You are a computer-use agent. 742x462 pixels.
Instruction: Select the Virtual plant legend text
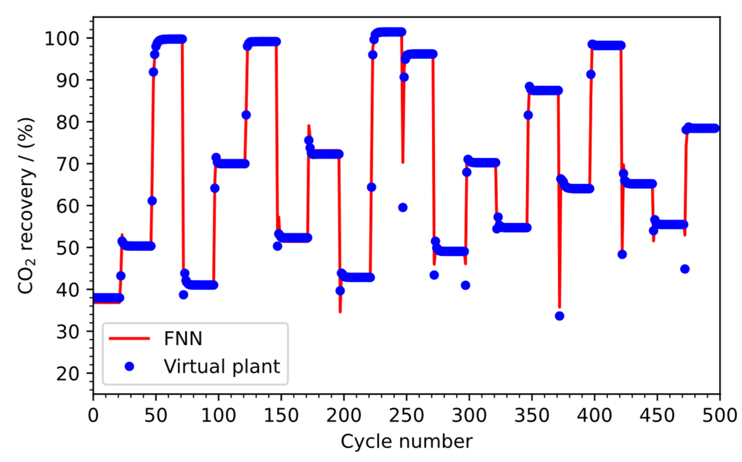[222, 366]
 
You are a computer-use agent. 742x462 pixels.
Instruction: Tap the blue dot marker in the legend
[130, 366]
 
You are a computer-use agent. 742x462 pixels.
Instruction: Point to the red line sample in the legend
[130, 338]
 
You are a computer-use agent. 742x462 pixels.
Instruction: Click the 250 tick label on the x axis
[406, 416]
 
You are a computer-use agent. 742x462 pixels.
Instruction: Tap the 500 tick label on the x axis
[720, 416]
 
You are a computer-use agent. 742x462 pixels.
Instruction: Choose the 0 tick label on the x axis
[93, 416]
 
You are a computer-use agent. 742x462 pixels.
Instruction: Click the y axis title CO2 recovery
[26, 207]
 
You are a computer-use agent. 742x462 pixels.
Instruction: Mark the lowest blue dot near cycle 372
[560, 316]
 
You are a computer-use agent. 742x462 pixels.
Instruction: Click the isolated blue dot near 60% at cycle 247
[403, 208]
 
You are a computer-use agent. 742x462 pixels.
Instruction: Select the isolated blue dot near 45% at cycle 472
[685, 269]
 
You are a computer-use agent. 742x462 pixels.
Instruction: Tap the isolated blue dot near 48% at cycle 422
[622, 254]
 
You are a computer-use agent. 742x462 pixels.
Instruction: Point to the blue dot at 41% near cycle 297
[465, 285]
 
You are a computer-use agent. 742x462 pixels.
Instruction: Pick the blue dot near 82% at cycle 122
[246, 115]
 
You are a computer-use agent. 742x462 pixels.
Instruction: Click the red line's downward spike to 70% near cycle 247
[403, 162]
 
